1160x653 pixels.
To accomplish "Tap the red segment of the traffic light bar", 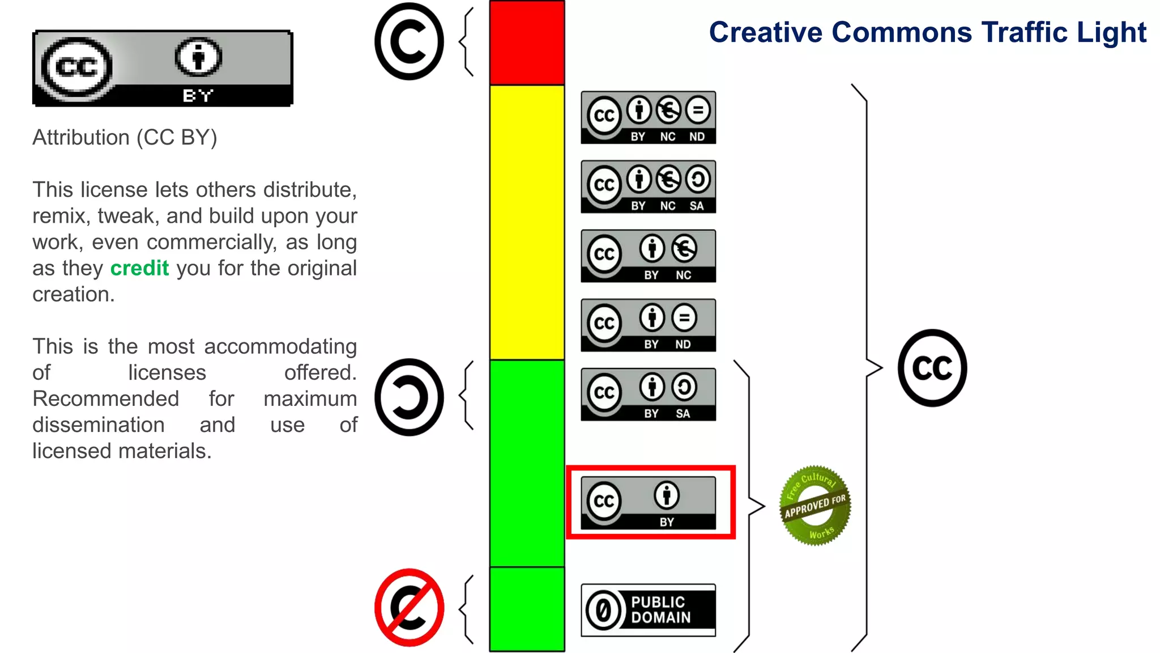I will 527,43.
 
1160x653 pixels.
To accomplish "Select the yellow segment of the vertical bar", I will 527,221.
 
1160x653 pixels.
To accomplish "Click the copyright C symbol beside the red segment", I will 409,41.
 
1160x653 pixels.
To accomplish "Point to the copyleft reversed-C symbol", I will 409,397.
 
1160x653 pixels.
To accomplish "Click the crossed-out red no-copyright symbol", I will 409,608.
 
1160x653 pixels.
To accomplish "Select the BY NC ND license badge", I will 648,117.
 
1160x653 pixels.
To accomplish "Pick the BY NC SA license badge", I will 648,186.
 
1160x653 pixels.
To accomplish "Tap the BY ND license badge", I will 648,325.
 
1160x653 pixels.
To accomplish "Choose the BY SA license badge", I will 648,395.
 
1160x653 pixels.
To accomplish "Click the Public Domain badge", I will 648,610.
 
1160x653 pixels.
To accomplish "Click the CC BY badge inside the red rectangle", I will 648,503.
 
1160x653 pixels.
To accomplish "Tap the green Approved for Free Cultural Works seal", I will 814,506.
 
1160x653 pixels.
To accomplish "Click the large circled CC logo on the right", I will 932,368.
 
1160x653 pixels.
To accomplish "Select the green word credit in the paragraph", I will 139,268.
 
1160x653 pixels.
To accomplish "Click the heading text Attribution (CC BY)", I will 125,138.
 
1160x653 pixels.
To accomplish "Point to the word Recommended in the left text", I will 106,398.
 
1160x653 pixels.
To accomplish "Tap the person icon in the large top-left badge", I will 198,57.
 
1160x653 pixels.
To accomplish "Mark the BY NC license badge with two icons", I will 648,256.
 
